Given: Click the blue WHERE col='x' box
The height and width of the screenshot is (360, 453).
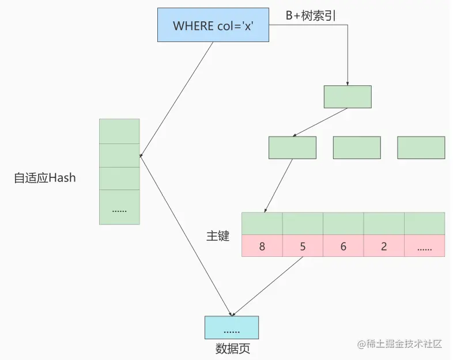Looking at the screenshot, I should [213, 25].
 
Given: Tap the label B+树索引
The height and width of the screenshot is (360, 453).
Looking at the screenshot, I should [311, 16].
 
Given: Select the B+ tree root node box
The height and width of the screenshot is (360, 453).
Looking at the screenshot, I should [348, 97].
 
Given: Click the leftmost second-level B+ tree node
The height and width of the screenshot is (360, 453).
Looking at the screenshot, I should [292, 147].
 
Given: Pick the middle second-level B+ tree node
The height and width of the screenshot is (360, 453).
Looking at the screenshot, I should [357, 147].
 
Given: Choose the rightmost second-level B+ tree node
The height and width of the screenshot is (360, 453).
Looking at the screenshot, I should [421, 147].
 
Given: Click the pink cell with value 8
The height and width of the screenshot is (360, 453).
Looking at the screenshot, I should [262, 246].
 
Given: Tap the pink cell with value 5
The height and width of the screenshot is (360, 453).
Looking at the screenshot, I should [303, 246].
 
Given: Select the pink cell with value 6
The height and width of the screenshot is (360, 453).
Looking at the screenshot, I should [343, 246].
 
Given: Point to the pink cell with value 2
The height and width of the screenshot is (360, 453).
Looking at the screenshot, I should [384, 246].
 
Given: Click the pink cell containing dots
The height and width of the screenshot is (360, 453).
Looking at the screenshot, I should [424, 246].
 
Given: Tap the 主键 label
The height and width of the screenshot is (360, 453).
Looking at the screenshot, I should [218, 236].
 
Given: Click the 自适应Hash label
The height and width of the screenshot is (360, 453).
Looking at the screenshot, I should [45, 178].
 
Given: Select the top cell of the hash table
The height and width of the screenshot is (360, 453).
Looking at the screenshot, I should [119, 131].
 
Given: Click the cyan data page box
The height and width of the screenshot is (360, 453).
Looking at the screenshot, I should [232, 327].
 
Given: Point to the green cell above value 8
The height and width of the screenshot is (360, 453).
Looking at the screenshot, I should [262, 223].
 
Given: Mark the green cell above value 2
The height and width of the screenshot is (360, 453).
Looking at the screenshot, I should [384, 223].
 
